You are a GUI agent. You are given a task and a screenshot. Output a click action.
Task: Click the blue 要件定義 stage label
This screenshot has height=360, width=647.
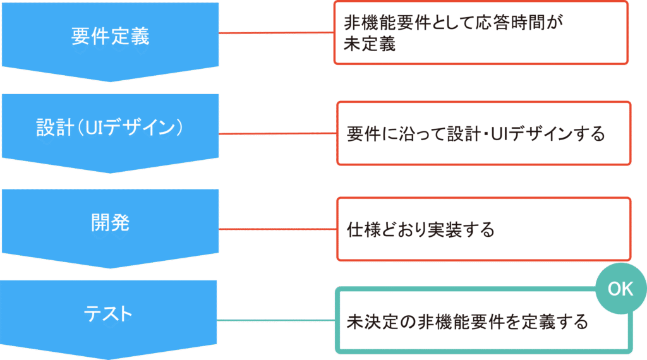pos(110,36)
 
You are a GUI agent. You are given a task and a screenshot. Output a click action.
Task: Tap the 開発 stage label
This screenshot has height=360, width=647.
pos(110,222)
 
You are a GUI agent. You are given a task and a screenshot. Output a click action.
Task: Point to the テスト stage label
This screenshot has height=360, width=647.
pos(110,313)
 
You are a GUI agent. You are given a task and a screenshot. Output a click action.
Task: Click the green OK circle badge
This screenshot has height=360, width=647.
pos(620,289)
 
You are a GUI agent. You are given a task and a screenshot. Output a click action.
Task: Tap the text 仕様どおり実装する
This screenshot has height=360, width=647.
pos(420,229)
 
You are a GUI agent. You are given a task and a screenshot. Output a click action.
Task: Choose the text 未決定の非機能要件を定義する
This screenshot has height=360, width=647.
pos(468,321)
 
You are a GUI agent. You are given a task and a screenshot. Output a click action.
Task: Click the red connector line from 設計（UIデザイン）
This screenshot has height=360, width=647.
pos(277,133)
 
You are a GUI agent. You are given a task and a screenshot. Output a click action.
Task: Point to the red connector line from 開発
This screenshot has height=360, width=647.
pos(277,229)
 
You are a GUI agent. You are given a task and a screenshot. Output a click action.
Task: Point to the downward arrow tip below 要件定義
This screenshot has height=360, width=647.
pos(110,80)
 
